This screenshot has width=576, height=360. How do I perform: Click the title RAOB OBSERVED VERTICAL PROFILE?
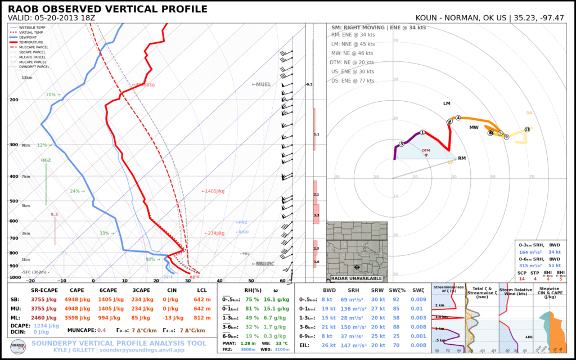(x=107, y=9)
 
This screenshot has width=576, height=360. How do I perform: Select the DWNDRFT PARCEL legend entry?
(x=35, y=66)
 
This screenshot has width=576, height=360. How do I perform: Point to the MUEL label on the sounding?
(x=262, y=84)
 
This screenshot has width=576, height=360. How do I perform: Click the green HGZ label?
(x=46, y=160)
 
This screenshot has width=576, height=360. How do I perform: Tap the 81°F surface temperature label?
(x=195, y=277)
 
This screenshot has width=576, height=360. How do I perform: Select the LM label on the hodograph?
(x=447, y=103)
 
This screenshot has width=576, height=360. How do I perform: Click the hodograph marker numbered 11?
(x=526, y=129)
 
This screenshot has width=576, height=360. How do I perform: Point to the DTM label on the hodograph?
(x=426, y=150)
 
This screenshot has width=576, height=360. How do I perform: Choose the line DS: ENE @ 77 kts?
(x=353, y=81)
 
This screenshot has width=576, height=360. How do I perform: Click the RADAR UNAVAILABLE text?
(x=357, y=278)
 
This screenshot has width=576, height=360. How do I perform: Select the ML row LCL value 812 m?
(x=202, y=318)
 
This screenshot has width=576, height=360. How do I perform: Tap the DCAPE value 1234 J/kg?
(x=47, y=326)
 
